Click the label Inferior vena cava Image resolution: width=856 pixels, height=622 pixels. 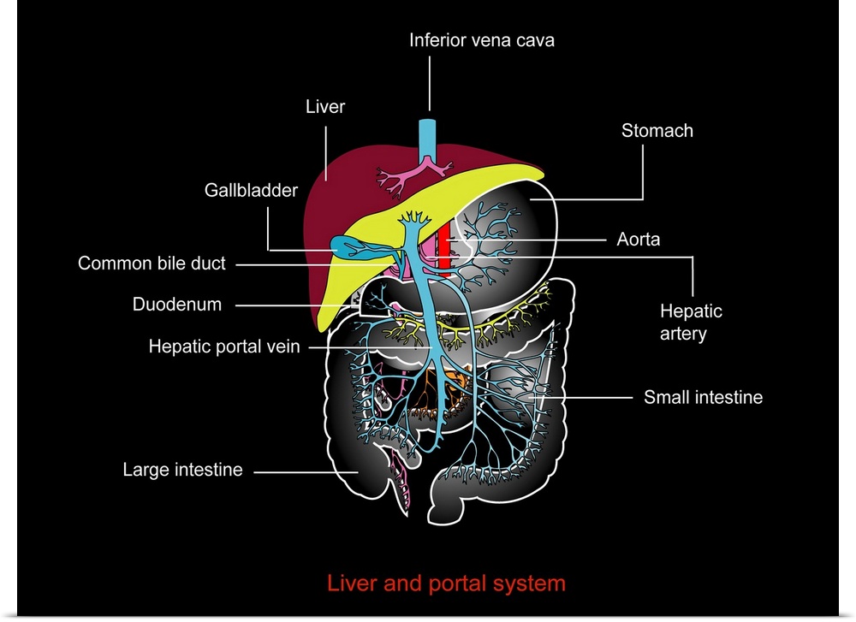point(481,40)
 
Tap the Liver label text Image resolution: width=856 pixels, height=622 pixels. point(324,107)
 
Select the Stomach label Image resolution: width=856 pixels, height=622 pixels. point(657,131)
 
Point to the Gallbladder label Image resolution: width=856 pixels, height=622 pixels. point(250,190)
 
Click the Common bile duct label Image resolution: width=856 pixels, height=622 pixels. point(152,264)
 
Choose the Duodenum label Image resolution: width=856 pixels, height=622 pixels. point(176,305)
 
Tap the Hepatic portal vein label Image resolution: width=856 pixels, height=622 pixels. point(223,347)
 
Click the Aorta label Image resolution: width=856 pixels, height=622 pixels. point(638,240)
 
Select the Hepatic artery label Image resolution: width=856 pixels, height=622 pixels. point(691,322)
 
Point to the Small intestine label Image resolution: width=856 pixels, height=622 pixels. point(703,397)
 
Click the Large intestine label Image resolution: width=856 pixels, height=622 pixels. point(182,470)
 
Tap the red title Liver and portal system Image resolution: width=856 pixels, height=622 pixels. point(446,583)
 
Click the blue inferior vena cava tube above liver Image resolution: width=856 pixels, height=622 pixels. point(426,137)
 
